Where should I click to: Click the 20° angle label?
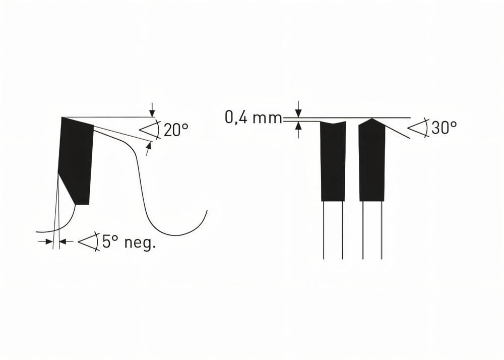pos(176,130)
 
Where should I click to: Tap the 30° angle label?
pos(445,128)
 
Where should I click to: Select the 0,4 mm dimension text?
pos(253,118)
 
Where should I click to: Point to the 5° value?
pos(110,242)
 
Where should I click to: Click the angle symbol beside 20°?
pos(150,130)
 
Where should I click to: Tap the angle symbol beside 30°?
pos(418,128)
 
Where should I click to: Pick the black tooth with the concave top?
pos(333,161)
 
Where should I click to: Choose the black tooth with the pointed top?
pos(372,161)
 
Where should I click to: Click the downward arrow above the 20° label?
pos(152,112)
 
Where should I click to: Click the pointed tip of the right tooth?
pos(372,119)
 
